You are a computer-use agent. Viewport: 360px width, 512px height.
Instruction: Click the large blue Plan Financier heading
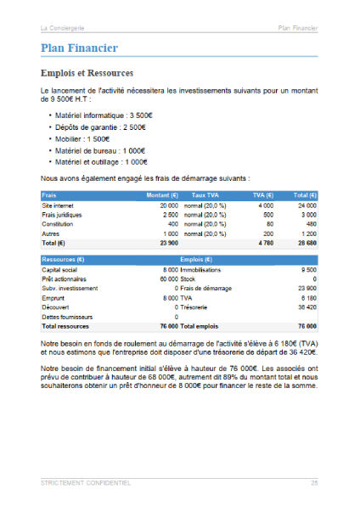pos(79,48)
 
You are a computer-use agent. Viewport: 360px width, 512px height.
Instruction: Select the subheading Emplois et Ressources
pos(87,73)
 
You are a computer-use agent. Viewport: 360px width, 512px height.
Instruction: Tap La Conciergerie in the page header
pos(65,28)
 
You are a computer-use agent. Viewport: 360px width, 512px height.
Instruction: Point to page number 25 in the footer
pos(313,482)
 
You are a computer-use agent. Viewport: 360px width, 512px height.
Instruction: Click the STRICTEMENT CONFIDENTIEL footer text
pos(86,482)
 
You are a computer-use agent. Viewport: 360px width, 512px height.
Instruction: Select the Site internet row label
pos(59,205)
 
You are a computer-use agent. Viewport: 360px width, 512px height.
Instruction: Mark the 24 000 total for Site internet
pos(306,205)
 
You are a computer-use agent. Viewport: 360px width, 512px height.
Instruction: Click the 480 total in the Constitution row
pos(311,224)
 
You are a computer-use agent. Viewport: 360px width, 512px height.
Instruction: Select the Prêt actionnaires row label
pos(65,279)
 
